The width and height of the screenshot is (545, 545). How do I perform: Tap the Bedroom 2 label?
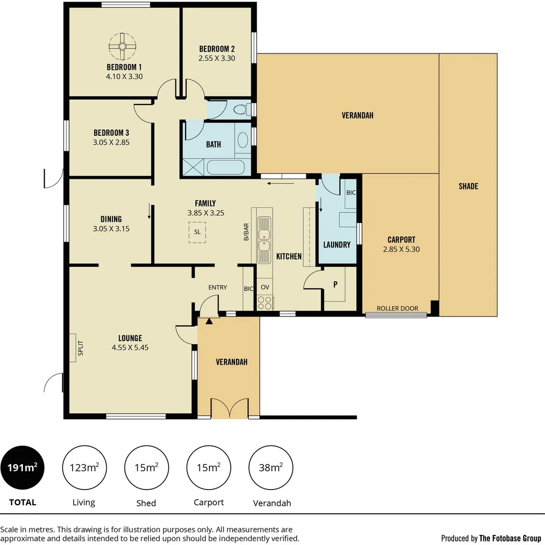point(216,49)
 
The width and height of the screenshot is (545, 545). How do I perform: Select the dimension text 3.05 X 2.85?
point(111,142)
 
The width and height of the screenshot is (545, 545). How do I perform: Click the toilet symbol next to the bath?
point(242,109)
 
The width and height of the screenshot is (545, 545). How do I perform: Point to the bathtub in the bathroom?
point(226,168)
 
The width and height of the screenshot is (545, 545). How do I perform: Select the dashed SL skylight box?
point(197,232)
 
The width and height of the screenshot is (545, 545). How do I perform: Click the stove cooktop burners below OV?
point(265,303)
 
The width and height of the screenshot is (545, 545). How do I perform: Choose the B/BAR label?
point(246,232)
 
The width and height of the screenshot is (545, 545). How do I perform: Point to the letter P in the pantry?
point(335,284)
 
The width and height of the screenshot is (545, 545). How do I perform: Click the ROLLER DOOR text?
point(397,308)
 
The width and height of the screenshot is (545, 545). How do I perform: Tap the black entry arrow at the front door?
point(209,320)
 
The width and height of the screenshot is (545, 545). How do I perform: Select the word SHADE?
point(468,186)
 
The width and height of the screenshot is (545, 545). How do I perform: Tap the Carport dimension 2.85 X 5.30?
point(401,249)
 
